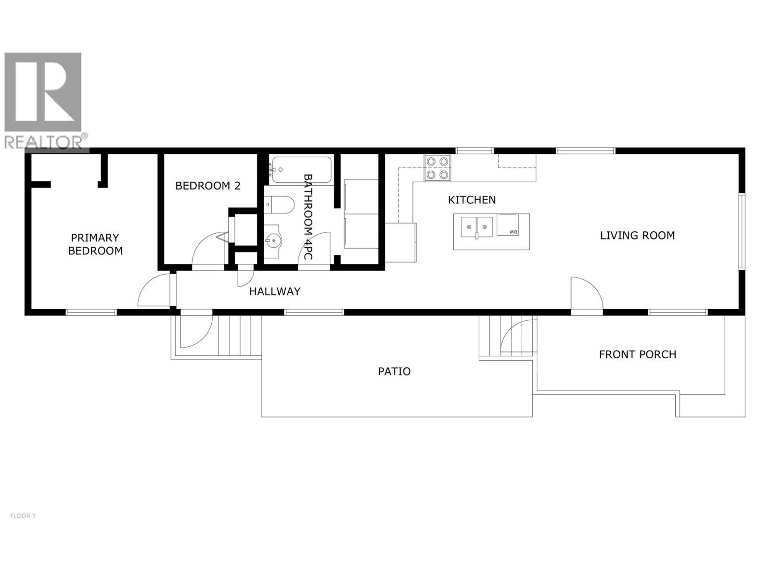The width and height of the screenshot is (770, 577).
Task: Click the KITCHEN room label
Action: pyautogui.click(x=472, y=200)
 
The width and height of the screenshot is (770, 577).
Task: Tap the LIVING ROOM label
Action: pyautogui.click(x=637, y=235)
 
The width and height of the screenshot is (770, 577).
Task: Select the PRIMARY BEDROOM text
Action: pyautogui.click(x=95, y=244)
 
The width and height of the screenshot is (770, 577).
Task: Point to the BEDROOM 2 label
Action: pyautogui.click(x=208, y=186)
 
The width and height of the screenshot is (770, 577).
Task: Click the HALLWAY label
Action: pyautogui.click(x=275, y=291)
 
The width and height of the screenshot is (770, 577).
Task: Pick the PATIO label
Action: pyautogui.click(x=394, y=371)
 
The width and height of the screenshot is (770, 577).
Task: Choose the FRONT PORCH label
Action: pyautogui.click(x=637, y=354)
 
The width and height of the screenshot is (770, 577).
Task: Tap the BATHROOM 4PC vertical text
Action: pyautogui.click(x=308, y=216)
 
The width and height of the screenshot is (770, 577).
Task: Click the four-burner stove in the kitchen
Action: pyautogui.click(x=437, y=168)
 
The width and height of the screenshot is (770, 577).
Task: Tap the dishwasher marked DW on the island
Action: pyautogui.click(x=508, y=225)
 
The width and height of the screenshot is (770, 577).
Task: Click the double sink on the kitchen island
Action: pyautogui.click(x=476, y=226)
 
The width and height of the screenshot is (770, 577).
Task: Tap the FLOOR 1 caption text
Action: pyautogui.click(x=23, y=516)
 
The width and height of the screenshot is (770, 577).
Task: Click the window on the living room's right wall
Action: pyautogui.click(x=742, y=231)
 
